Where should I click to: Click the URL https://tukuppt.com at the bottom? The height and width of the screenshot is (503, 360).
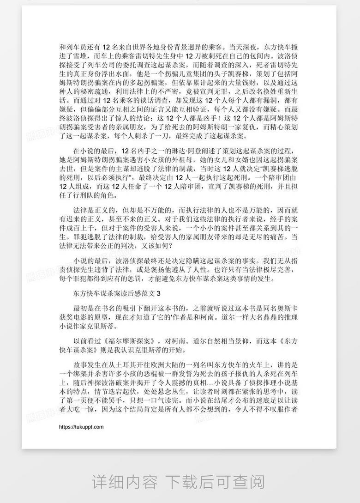82,427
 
